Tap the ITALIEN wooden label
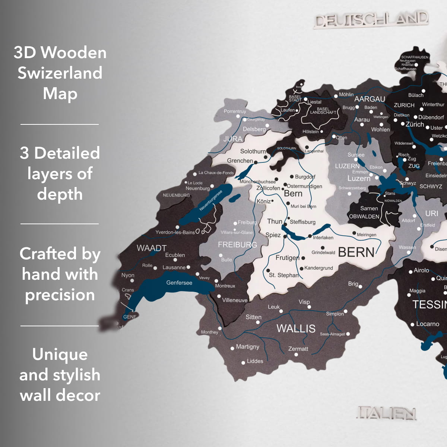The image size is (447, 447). coord(386,413)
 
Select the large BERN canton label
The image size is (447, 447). coord(356,252)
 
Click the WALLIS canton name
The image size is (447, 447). coord(296,329)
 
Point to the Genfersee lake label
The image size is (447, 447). coord(179,283)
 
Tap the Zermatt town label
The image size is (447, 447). coord(298,349)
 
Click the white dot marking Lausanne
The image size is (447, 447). coord(188,267)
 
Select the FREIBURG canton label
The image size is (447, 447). coord(237,245)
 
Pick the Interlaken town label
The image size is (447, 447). coord(323,238)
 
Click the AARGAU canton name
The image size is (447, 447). coord(370,99)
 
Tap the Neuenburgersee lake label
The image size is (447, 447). coord(210,200)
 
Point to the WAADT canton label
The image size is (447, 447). coord(151,248)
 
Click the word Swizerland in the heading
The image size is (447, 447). coord(60,73)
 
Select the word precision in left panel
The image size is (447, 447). coord(60,295)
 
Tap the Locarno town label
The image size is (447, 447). coord(427,324)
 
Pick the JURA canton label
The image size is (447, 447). coord(233,139)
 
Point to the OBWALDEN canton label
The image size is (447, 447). coord(364,216)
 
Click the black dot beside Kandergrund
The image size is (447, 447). coord(302,269)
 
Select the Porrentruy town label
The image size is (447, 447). coord(235,111)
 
